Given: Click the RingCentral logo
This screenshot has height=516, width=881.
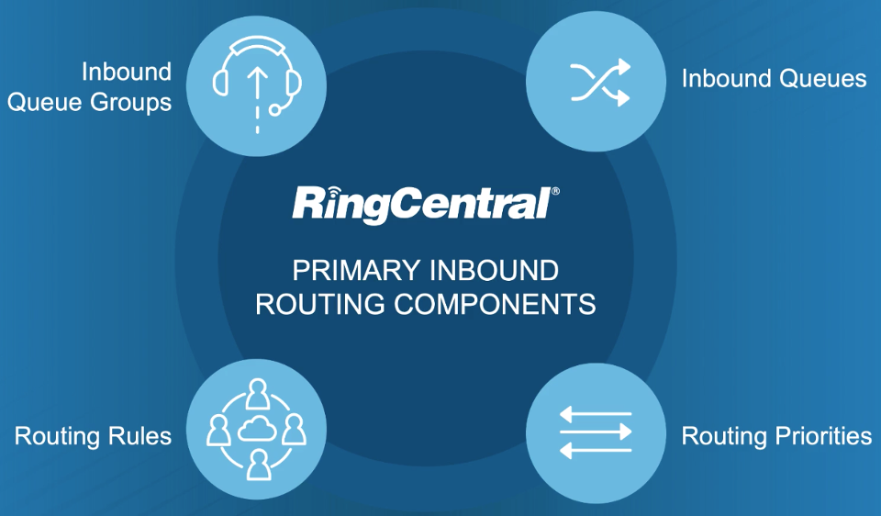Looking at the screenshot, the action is coord(425,204).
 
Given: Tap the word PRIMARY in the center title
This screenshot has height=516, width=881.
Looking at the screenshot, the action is coord(357,271).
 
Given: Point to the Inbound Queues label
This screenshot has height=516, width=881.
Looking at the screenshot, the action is coord(774,79).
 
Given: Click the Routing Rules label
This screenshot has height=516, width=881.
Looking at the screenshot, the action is coord(93,436).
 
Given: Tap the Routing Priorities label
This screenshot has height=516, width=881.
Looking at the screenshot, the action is coord(776,436).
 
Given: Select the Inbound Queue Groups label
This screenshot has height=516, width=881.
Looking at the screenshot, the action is coord(89,87).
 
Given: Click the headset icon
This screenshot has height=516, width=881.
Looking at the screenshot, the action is coord(257,84).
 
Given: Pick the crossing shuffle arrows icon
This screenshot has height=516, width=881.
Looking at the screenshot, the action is coord(600,83).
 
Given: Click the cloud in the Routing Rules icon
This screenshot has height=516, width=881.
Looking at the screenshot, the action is coord(257,430).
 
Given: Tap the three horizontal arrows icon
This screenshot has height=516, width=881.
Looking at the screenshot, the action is coord(596,432).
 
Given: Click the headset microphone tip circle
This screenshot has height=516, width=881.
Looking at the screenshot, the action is coord(274,109).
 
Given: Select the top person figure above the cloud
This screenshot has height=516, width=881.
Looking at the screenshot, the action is coord(257,394).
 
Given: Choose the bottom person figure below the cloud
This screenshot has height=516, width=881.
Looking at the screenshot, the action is coord(258,465).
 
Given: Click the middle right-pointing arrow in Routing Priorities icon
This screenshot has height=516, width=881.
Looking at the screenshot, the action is coord(596,432).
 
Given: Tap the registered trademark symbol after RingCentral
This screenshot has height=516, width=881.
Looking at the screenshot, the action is coord(556,191).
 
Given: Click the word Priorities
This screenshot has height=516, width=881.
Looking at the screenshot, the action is coord(824,436).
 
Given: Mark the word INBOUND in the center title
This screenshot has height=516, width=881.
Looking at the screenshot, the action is coord(494,271).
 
